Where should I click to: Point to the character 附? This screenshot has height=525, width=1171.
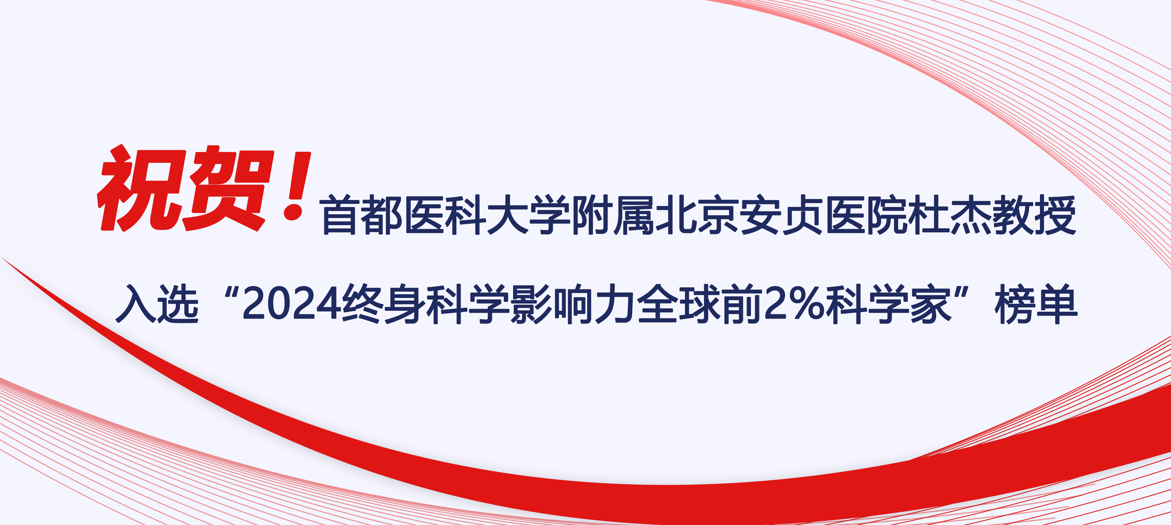point(591,215)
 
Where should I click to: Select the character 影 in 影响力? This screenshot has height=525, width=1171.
point(531,303)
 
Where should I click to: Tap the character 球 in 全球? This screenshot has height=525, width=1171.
point(700,303)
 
